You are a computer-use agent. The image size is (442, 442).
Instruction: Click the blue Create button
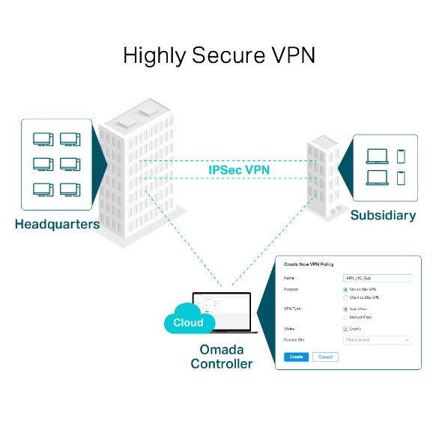click(x=296, y=357)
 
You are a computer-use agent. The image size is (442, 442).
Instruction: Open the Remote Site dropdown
click(x=377, y=340)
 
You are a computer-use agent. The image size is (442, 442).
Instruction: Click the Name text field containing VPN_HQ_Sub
click(x=377, y=278)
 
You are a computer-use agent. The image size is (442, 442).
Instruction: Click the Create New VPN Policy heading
click(x=309, y=264)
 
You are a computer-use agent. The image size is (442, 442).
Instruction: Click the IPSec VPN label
click(x=239, y=170)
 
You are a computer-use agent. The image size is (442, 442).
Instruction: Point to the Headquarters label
click(x=57, y=224)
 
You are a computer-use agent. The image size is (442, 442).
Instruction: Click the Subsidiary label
click(x=383, y=216)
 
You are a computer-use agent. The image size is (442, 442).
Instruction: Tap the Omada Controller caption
click(x=221, y=357)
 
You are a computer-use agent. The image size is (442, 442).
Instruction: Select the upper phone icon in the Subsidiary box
click(x=401, y=156)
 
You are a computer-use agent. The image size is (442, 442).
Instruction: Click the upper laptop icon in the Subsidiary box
click(x=377, y=157)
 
